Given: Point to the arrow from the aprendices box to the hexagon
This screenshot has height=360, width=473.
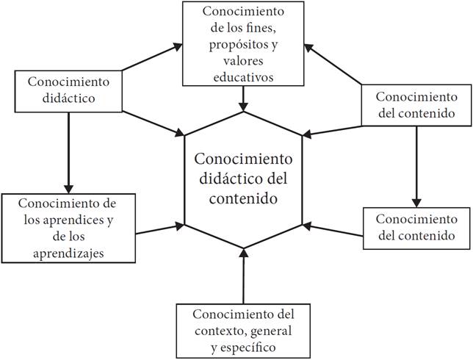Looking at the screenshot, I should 159,228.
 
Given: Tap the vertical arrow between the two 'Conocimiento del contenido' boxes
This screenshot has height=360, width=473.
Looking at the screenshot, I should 416,165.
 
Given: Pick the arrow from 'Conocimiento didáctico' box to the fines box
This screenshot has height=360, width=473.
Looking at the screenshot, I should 150,58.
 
